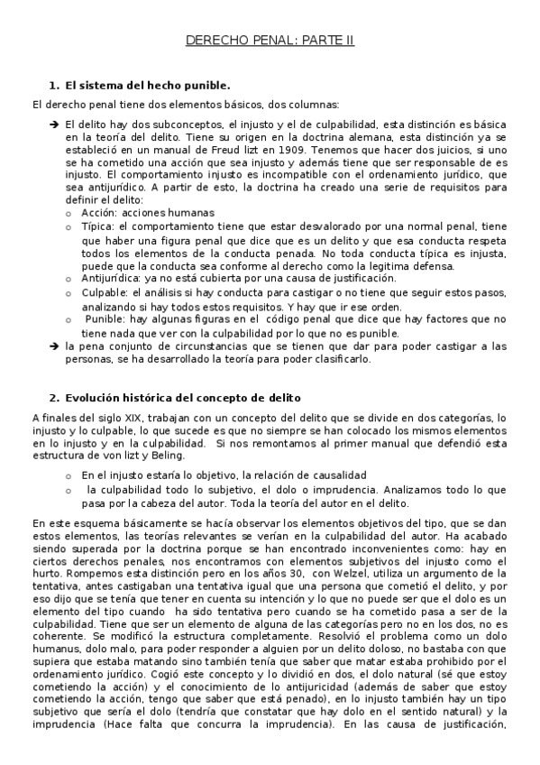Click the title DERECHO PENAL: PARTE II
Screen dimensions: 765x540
[270, 41]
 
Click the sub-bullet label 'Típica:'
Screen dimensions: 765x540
[97, 226]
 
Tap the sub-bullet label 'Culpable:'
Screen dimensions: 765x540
[105, 293]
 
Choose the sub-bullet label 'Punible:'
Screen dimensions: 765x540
[106, 319]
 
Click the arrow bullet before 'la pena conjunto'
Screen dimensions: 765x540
[55, 346]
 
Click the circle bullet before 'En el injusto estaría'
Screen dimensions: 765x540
[69, 475]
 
